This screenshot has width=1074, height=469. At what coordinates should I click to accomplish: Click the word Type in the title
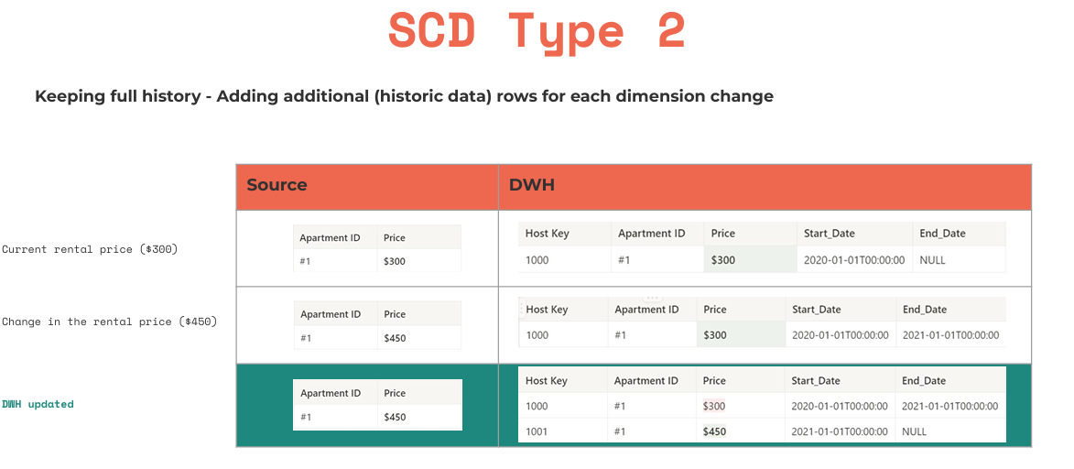pos(566,33)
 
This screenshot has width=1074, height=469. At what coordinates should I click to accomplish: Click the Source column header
pos(277,185)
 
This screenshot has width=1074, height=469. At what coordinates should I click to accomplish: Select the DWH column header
pos(532,185)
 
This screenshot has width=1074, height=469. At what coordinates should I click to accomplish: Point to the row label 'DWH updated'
pos(38,404)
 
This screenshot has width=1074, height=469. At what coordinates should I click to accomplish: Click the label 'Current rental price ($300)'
pos(89,249)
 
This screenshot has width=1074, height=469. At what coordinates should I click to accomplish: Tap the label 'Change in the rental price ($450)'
pos(109,322)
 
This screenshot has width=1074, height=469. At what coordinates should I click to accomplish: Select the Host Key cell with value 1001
pos(537,431)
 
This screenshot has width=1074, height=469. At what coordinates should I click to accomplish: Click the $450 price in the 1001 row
pos(714,431)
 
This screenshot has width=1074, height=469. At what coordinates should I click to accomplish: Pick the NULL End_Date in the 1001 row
pos(914,431)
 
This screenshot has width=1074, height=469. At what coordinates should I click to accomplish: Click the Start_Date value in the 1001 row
pos(840,431)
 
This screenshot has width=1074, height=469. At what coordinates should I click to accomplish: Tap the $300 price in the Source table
pos(395,261)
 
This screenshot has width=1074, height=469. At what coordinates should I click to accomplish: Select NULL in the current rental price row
pos(932,260)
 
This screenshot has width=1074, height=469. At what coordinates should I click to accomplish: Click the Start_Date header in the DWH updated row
pos(816,381)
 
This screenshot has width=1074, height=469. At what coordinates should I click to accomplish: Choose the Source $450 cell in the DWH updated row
pos(395,417)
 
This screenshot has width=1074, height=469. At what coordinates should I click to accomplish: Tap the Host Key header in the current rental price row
pos(547,234)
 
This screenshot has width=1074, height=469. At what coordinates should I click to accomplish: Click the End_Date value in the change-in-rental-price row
pos(950,335)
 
